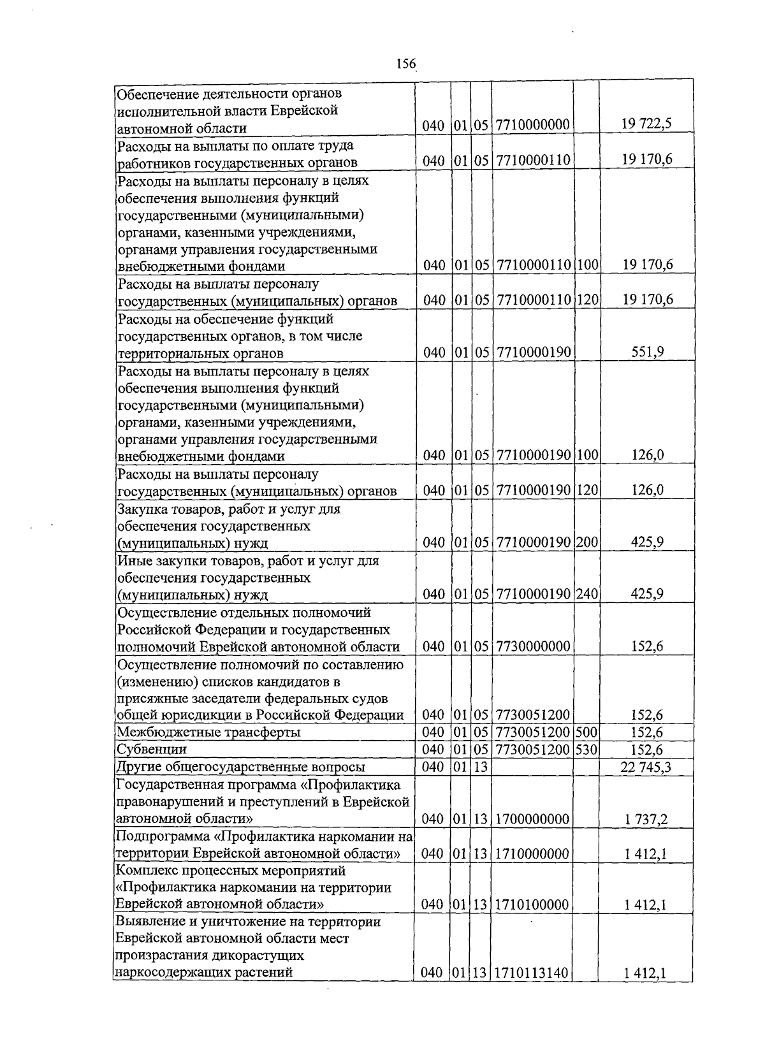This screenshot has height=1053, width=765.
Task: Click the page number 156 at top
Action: (405, 64)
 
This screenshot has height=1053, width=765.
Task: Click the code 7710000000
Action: (532, 126)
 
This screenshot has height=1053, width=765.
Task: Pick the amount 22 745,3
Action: (645, 767)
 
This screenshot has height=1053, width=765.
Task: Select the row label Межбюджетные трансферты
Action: (208, 732)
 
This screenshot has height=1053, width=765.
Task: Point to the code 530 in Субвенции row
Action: (586, 750)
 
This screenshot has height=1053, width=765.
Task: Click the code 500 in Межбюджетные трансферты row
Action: (586, 732)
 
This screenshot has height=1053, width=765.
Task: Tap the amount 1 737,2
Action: (646, 819)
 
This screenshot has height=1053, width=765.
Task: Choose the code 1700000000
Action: (532, 819)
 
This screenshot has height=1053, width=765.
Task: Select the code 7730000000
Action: (532, 646)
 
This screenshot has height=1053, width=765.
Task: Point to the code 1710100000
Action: (532, 905)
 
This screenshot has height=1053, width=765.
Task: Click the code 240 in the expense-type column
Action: (586, 594)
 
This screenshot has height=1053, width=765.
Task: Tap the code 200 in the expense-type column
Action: (586, 542)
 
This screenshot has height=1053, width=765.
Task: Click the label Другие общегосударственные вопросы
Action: (241, 767)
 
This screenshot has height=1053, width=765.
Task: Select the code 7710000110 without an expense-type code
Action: (532, 161)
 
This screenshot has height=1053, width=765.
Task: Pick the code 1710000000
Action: (532, 853)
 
